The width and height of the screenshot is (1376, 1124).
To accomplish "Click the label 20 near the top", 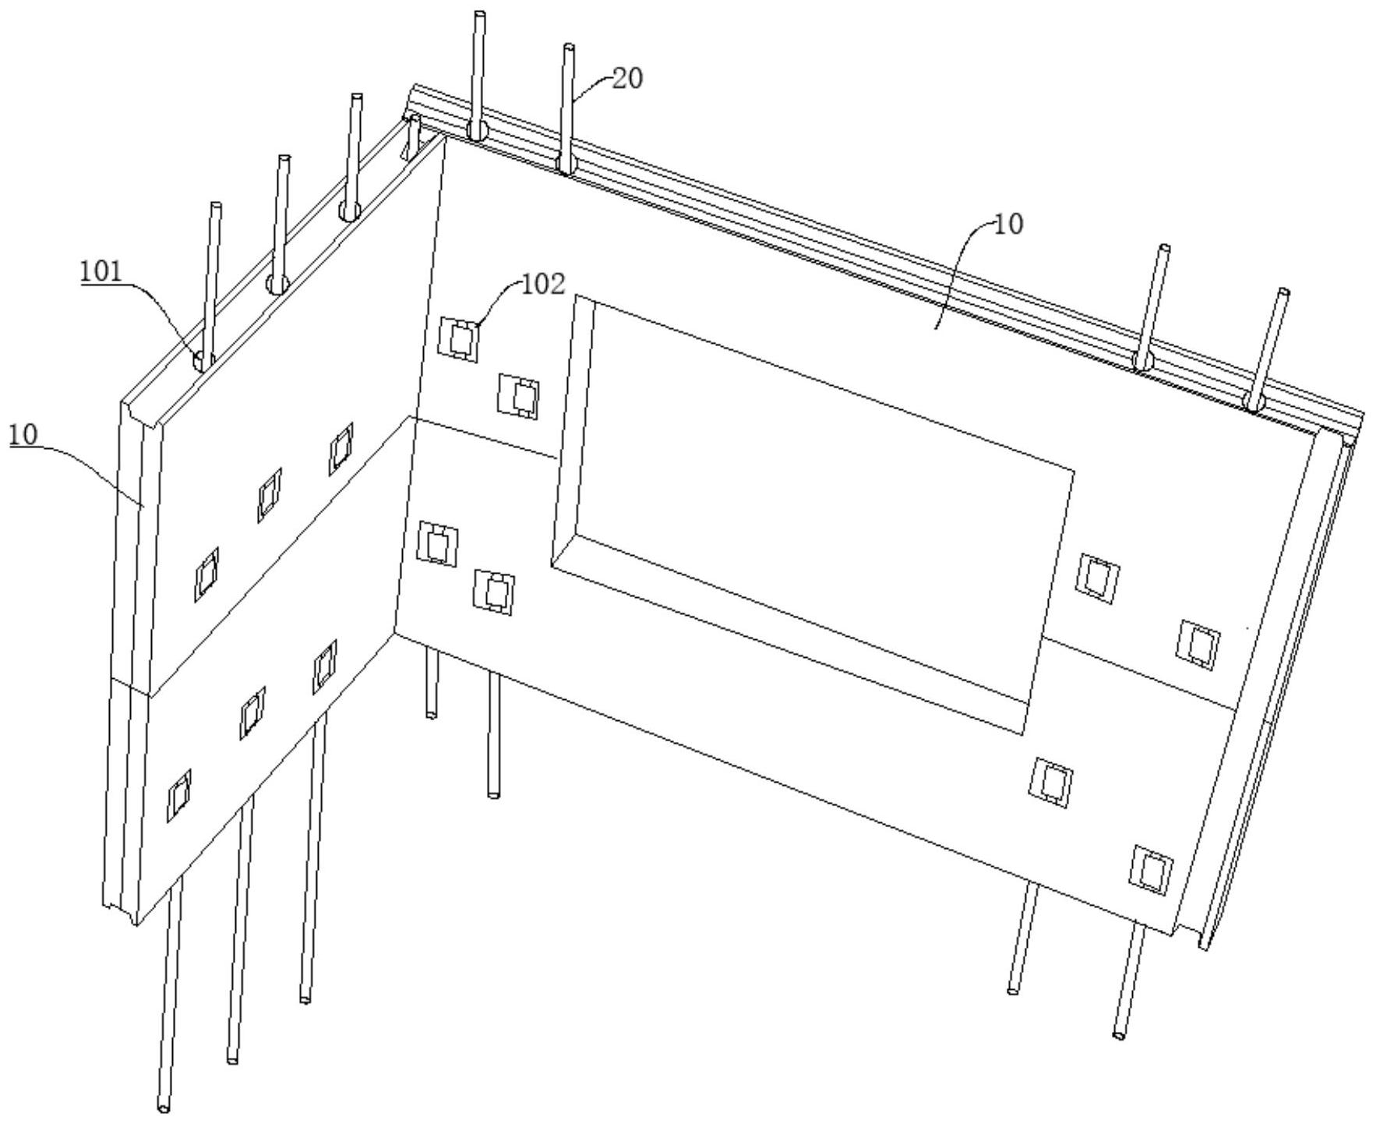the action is coord(627,79).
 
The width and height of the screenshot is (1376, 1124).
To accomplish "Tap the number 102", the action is coord(542,285).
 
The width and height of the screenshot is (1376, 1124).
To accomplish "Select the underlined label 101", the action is coord(101,271).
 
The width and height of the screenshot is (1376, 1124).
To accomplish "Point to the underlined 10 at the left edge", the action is coord(23,435).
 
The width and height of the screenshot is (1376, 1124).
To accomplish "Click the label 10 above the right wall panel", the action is coord(1008,224).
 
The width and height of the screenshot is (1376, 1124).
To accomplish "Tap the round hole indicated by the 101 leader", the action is coord(203,360).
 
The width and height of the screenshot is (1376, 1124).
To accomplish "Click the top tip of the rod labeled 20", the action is coord(570,48).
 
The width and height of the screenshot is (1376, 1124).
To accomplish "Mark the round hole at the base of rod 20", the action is coord(566,164).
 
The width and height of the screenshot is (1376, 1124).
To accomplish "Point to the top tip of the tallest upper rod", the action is coord(479,15).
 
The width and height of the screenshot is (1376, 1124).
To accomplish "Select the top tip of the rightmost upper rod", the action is coord(1283,293).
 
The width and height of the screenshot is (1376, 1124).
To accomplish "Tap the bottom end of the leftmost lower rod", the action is coord(164,1106).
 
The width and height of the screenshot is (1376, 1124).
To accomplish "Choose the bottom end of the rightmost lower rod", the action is coord(1119,1035).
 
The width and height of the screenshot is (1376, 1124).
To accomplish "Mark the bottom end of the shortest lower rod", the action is coord(431,714).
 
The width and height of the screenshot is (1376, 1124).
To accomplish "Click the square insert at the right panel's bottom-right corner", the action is coord(1152,869).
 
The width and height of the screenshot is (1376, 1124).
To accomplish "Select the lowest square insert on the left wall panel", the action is coord(179,795).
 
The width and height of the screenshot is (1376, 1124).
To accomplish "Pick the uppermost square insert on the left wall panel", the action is coord(340,450).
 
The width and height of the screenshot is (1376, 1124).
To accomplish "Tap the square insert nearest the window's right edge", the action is coord(1097,578).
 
